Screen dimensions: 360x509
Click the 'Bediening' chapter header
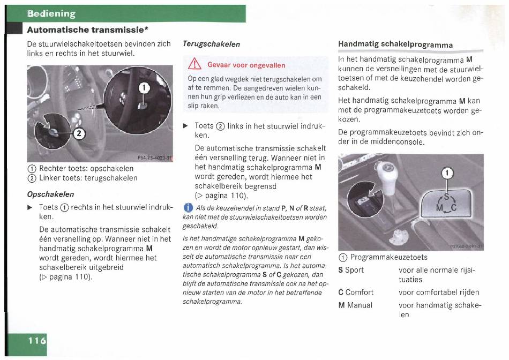point(51,13)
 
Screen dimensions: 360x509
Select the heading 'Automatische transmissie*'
point(88,29)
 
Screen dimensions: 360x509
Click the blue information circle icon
point(187,208)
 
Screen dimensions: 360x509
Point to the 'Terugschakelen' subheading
point(211,44)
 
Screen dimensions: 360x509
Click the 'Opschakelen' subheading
point(50,194)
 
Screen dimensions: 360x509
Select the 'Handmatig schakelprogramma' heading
point(395,44)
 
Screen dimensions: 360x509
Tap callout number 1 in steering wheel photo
point(143,88)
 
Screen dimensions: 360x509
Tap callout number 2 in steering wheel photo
point(78,134)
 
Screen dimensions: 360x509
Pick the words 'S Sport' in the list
point(351,270)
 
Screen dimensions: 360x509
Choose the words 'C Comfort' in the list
point(356,292)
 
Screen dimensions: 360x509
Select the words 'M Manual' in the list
point(355,305)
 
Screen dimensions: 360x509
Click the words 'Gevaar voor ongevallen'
point(246,65)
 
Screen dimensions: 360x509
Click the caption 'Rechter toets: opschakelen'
point(86,168)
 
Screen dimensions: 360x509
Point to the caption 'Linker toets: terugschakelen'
point(88,178)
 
